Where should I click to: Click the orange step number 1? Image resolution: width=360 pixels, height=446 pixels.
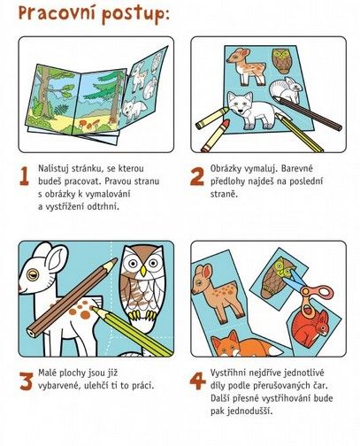point(24,176)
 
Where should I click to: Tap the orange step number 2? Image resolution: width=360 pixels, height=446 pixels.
point(197,176)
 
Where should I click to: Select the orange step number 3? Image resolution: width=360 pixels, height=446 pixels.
point(26,381)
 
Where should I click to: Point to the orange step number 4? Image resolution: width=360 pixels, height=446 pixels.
point(197,381)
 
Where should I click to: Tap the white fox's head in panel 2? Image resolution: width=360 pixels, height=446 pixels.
point(241,104)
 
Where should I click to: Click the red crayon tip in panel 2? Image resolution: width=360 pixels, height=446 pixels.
point(226,123)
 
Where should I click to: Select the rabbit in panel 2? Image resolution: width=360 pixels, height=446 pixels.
point(286,89)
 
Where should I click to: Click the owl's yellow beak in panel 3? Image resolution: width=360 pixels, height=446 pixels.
point(143,271)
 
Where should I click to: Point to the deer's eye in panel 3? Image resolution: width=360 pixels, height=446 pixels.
point(33,274)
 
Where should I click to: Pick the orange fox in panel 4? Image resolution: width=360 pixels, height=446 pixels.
point(245,344)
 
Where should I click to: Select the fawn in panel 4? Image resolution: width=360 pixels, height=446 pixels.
point(217,293)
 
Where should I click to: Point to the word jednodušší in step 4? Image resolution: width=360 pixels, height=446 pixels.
point(241,411)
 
